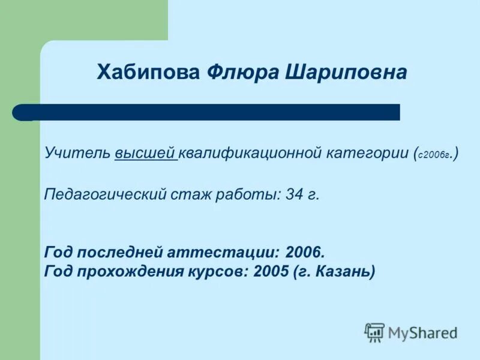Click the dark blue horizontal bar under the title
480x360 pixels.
pos(216,112)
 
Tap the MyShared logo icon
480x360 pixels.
pos(374,332)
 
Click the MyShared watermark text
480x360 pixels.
pos(422,332)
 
